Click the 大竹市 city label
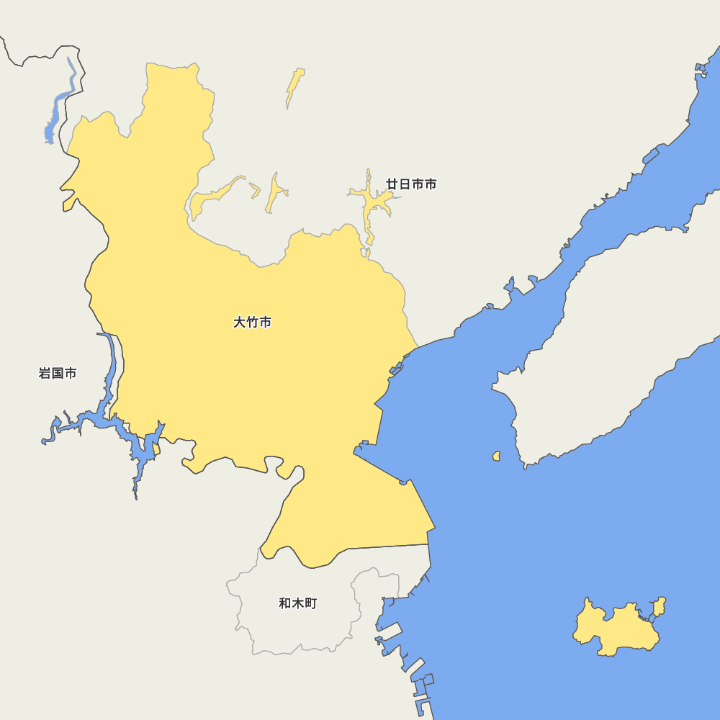(252, 323)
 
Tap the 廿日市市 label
(411, 184)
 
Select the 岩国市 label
(58, 373)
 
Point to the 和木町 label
(297, 603)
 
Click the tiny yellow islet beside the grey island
(496, 456)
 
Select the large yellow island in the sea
(616, 630)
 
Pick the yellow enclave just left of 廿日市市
(371, 202)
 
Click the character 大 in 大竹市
(240, 323)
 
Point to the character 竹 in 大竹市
(252, 323)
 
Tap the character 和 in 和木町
(285, 603)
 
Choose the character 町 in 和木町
(310, 603)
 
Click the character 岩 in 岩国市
(45, 373)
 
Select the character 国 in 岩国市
(58, 373)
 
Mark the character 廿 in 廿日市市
(392, 184)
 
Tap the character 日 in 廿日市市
(405, 184)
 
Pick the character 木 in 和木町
(297, 603)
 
